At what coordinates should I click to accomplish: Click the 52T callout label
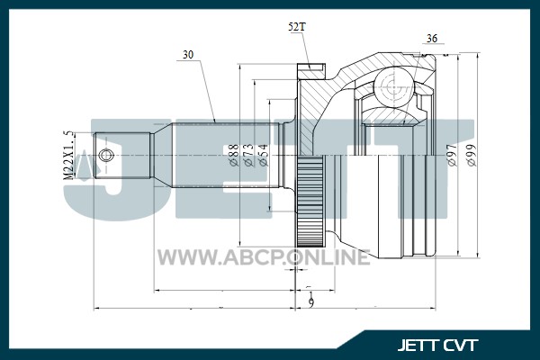tap(296, 27)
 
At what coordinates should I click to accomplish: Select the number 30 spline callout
tap(188, 55)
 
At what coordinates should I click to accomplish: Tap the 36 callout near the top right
tap(431, 38)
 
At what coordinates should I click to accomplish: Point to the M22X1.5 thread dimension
tap(68, 155)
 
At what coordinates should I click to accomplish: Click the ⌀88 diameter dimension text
tap(234, 155)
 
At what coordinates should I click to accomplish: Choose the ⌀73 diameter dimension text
tap(248, 155)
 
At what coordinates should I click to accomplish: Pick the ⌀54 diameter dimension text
tap(263, 155)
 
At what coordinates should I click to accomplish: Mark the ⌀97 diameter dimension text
tap(452, 155)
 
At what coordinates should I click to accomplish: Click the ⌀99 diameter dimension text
tap(472, 155)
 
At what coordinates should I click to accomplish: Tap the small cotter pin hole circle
tap(105, 156)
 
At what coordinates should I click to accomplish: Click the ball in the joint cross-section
tap(393, 87)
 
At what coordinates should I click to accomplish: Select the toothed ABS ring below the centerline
tap(310, 202)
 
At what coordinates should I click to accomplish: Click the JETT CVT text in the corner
tap(437, 346)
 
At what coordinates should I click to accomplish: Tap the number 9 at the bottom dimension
tap(311, 302)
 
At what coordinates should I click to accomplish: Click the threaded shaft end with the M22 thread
tap(121, 156)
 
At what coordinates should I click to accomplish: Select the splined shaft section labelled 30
tap(225, 156)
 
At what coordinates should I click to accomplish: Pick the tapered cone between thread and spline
tap(163, 156)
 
